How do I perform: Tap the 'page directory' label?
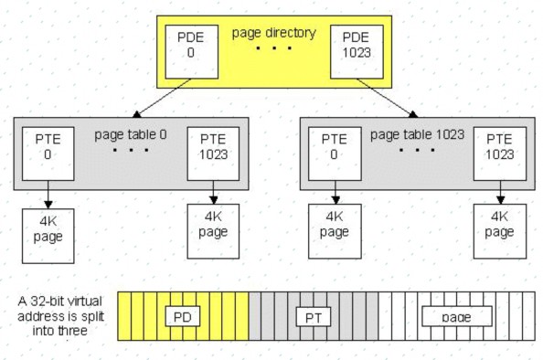[275, 34]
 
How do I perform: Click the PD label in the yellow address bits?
[183, 316]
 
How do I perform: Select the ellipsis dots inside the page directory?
[275, 48]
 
